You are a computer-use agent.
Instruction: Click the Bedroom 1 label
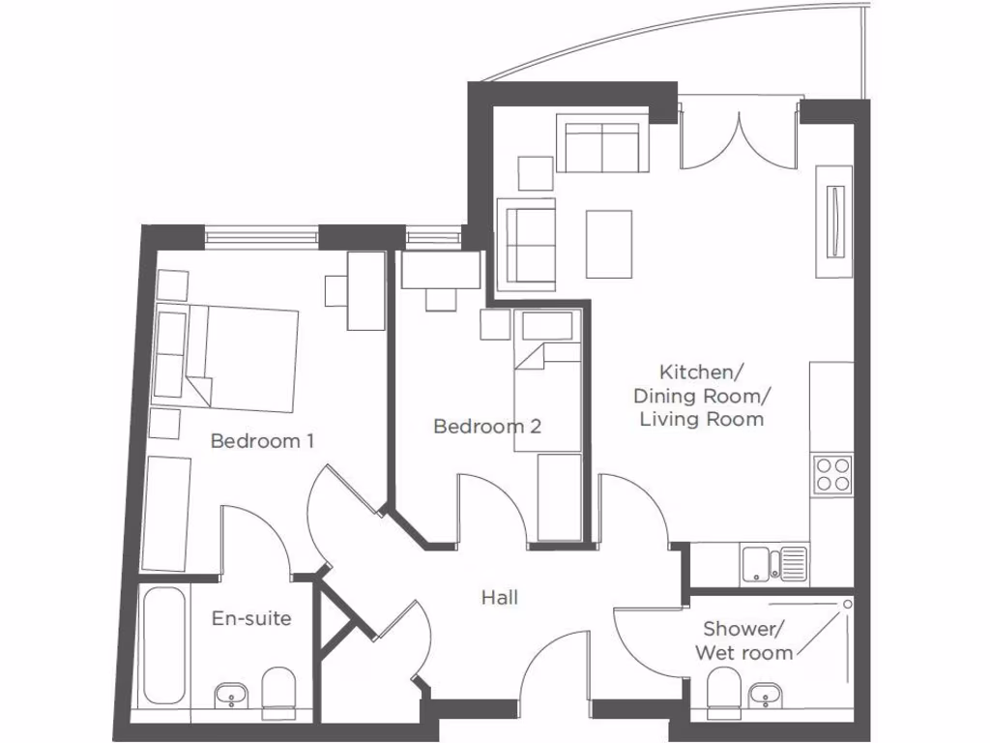pos(262,441)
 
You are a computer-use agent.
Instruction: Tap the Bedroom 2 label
pos(486,426)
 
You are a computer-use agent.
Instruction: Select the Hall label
pos(499,598)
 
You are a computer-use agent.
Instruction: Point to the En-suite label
pos(251,618)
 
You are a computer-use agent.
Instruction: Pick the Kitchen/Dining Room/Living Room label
pos(698,395)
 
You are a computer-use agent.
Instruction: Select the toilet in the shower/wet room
pos(722,694)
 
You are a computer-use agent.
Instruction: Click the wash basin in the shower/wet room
pos(766,694)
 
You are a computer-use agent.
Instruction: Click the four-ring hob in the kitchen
pos(831,474)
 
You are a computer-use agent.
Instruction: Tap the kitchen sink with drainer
pos(773,563)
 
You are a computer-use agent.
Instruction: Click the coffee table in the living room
pos(609,244)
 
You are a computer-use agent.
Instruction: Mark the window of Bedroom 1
pos(261,235)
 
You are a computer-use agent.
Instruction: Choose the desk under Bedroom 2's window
pos(441,270)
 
